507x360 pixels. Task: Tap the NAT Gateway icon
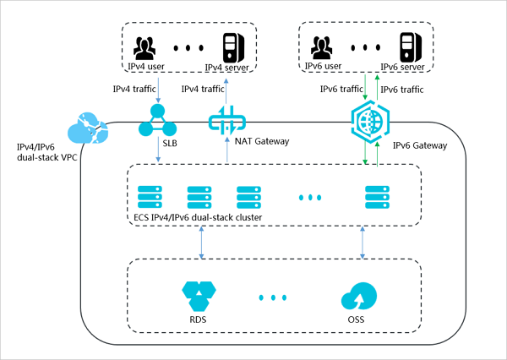(x=226, y=120)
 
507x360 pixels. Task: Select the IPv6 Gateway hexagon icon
(x=369, y=121)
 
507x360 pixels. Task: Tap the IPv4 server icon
(x=230, y=46)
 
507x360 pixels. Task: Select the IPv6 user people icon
(x=324, y=46)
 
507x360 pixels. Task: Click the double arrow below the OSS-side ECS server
(x=363, y=242)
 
